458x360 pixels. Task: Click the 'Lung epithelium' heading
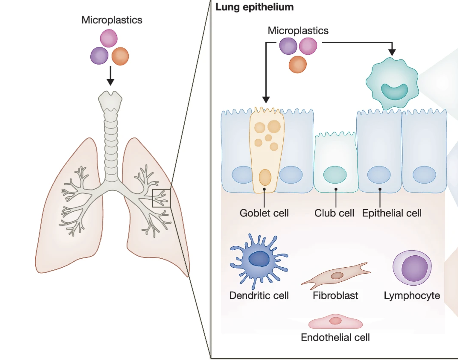(254, 7)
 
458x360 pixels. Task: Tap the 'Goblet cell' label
(264, 213)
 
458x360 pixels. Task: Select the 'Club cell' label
(334, 213)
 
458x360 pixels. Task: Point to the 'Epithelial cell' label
(392, 213)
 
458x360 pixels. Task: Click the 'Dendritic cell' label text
(259, 295)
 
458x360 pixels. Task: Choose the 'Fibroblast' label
(335, 295)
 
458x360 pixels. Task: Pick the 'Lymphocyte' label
(412, 295)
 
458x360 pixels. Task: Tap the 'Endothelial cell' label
(335, 337)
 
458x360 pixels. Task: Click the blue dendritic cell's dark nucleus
(259, 258)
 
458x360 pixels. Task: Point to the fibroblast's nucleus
(337, 275)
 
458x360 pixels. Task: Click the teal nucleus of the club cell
(335, 175)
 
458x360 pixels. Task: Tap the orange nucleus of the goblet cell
(265, 177)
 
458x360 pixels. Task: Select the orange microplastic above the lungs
(120, 56)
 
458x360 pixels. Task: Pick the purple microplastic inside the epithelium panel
(288, 46)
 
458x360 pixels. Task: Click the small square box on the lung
(161, 198)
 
